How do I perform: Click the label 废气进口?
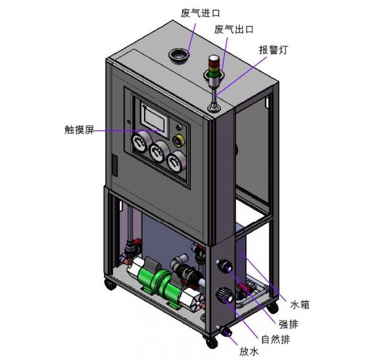coord(200,13)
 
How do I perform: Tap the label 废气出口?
coord(234,29)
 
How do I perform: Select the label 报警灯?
coord(274,50)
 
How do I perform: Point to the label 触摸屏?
coord(79,130)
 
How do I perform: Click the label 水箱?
coord(300,305)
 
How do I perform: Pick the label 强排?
coord(288,324)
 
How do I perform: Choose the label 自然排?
coord(276,340)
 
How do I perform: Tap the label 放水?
coord(248,352)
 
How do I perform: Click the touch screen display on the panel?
coord(153,118)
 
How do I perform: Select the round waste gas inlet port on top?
coord(179,55)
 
